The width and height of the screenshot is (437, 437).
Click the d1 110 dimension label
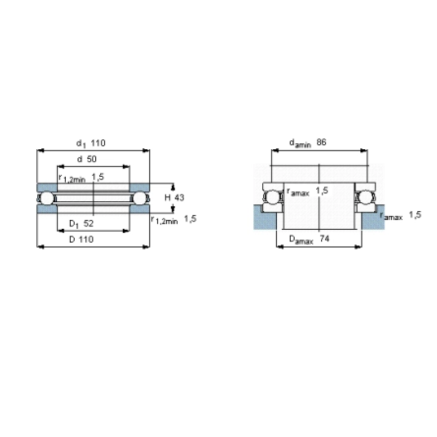[x=91, y=143]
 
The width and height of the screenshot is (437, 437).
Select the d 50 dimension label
[x=87, y=159]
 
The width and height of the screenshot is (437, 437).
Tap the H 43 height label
[x=174, y=197]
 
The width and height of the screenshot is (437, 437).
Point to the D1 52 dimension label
[x=81, y=223]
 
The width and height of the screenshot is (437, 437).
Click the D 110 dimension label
[x=81, y=240]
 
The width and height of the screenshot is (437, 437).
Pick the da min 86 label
[x=308, y=143]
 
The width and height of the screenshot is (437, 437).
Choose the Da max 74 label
[x=309, y=239]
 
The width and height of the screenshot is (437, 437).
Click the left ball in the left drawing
[x=47, y=198]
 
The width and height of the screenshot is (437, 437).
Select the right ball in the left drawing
[x=139, y=198]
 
